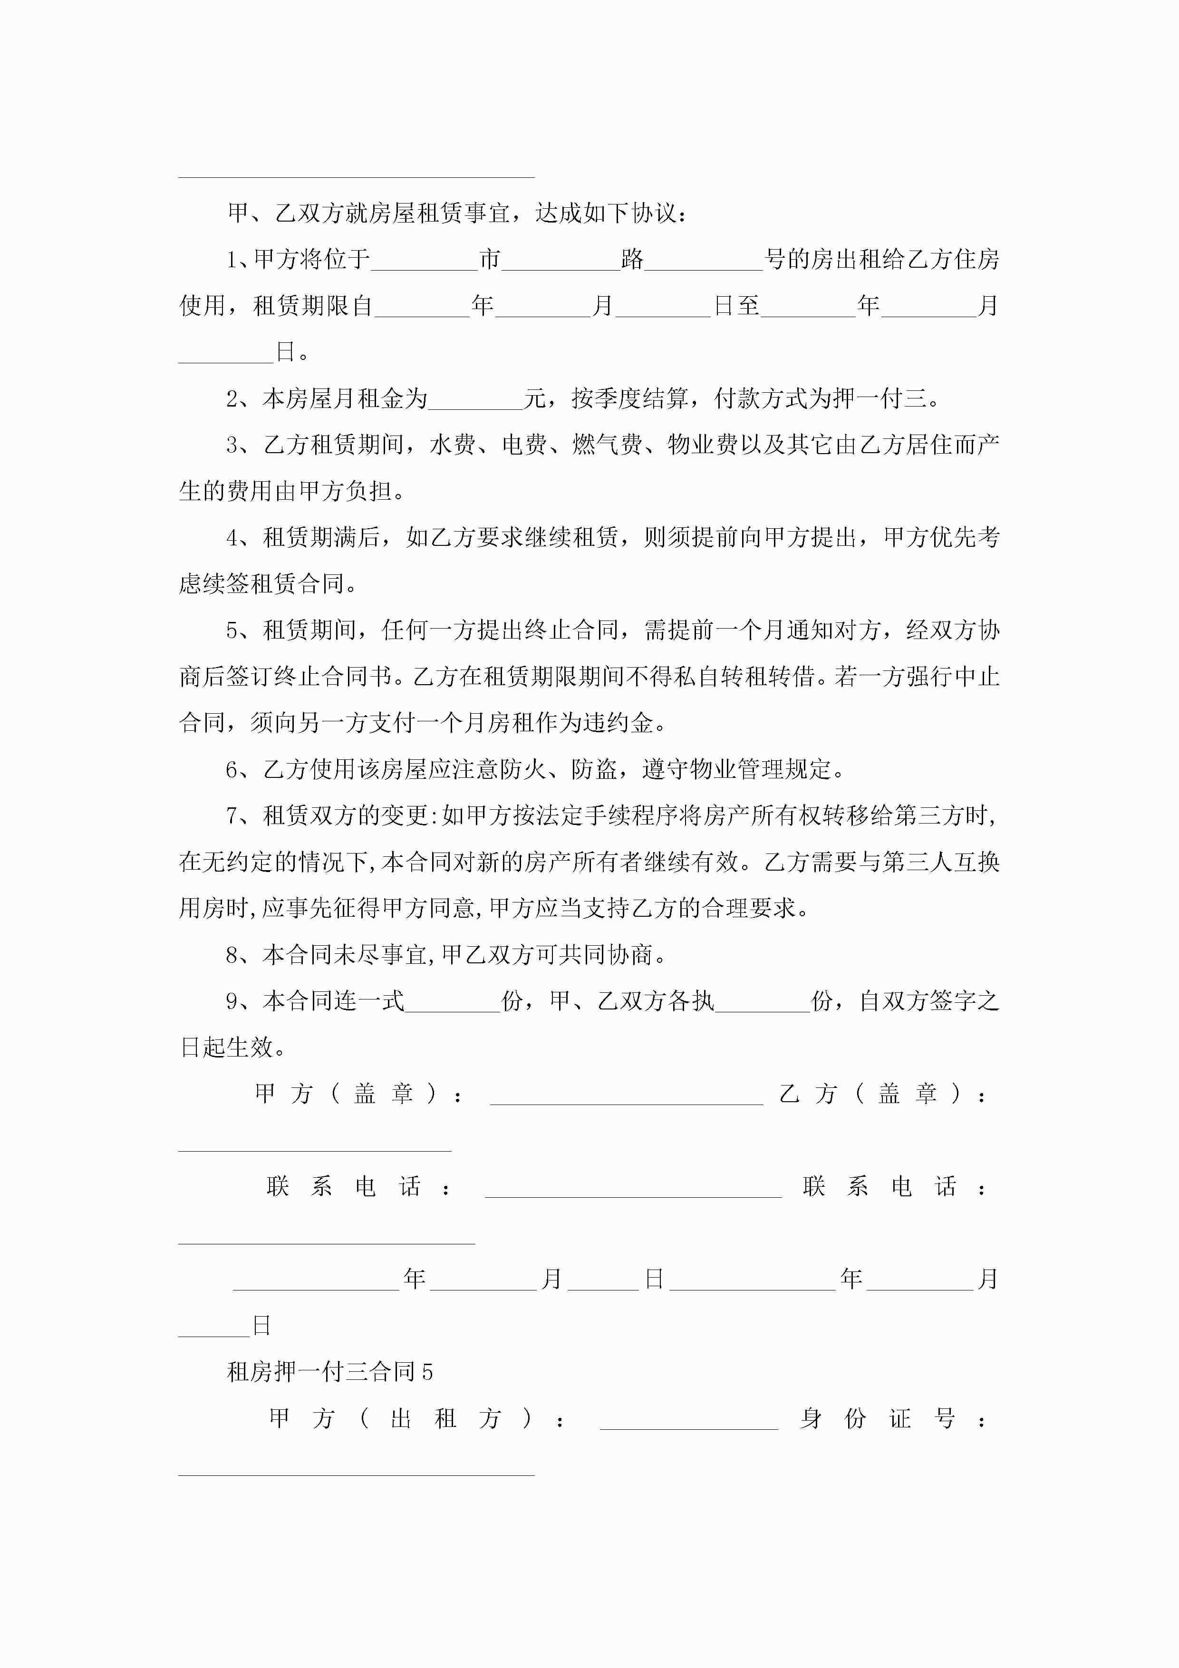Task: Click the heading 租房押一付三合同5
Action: click(x=330, y=1372)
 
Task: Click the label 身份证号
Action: click(x=878, y=1418)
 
